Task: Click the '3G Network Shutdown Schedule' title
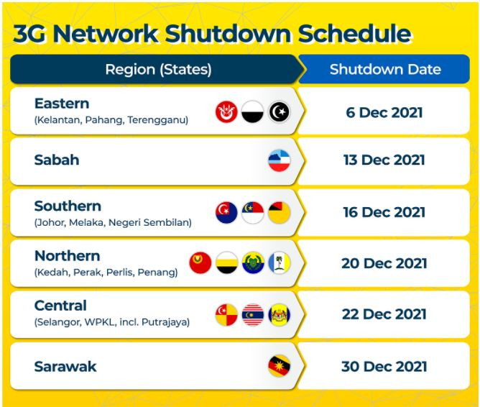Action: (212, 33)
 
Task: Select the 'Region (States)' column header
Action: (158, 70)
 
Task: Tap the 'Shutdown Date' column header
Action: (385, 70)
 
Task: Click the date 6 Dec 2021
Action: (384, 112)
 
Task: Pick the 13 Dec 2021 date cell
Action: (384, 160)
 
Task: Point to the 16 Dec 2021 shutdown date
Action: (384, 212)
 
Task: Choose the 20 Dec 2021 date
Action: (384, 263)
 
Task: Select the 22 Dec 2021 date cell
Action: (384, 314)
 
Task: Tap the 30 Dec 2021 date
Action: (384, 367)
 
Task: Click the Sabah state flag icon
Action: (280, 160)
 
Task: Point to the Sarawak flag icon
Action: (280, 366)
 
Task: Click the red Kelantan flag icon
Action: (226, 111)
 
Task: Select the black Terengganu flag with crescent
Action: (280, 111)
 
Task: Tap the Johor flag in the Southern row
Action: (226, 212)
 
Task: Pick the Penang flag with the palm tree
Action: (280, 262)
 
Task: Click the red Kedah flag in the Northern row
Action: (200, 262)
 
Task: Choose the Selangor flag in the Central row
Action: (226, 314)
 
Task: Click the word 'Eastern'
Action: (62, 104)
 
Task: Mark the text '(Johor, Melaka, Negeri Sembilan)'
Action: (113, 223)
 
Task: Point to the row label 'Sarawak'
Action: (65, 367)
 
